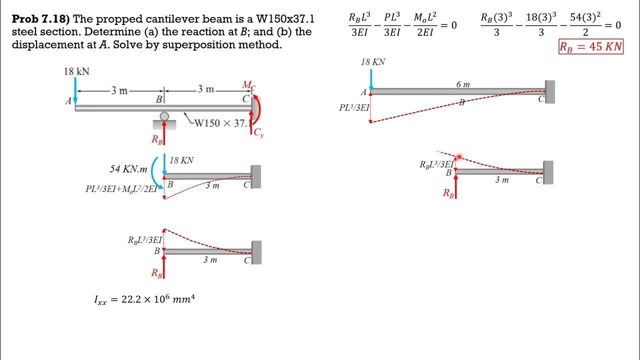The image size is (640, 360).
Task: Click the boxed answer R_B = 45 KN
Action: tap(591, 47)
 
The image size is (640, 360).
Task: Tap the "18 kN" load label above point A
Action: tap(76, 71)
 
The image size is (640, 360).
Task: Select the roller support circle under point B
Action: tap(164, 116)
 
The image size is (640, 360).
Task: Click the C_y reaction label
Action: tap(258, 133)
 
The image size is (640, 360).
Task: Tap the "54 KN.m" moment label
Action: tap(128, 169)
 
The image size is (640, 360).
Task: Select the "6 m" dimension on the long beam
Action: tap(463, 84)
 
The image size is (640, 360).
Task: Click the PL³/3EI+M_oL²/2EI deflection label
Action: tap(121, 189)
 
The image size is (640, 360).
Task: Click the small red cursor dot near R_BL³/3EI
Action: tap(459, 157)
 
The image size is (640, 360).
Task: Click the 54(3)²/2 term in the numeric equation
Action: tap(585, 24)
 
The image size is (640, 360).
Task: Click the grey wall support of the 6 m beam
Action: tap(550, 92)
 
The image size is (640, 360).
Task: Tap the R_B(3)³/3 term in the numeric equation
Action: tap(496, 24)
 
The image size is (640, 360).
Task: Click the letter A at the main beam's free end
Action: tap(68, 101)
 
